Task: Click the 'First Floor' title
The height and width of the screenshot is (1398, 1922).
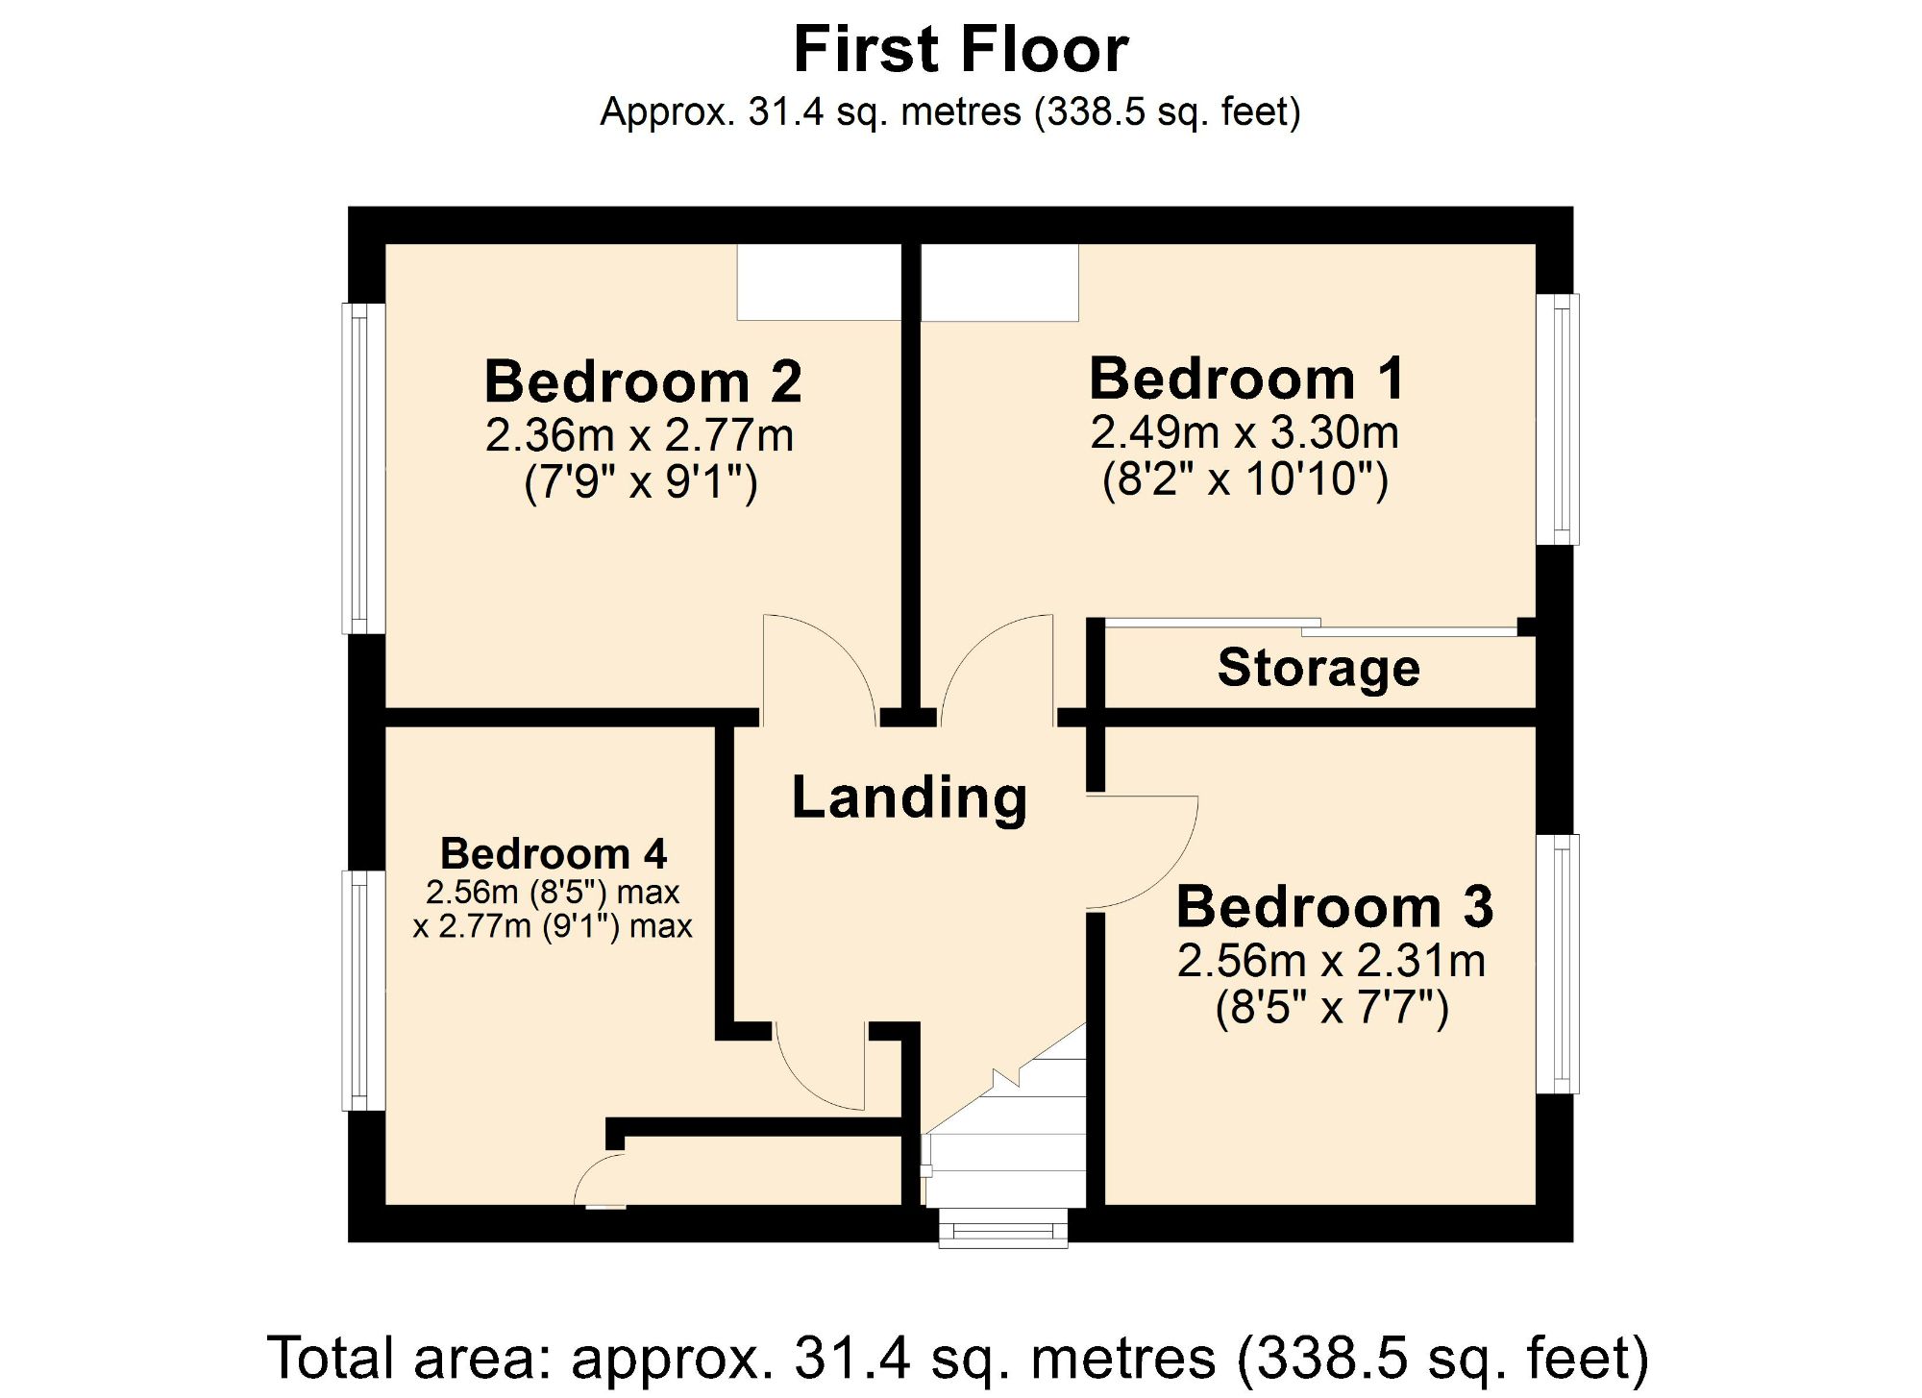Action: (960, 50)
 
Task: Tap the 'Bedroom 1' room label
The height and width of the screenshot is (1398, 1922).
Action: (1246, 379)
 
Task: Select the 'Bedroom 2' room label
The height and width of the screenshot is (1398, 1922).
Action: (642, 381)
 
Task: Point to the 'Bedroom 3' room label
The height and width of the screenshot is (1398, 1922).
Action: (1334, 907)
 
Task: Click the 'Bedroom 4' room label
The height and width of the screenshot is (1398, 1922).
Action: (553, 853)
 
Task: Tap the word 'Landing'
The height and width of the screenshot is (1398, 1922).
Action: (909, 797)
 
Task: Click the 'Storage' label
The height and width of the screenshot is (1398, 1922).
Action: (1318, 667)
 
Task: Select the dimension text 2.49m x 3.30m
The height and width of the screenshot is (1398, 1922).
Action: (1244, 432)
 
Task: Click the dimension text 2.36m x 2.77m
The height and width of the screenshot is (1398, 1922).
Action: (639, 435)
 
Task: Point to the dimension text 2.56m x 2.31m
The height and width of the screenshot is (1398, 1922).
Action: (1331, 961)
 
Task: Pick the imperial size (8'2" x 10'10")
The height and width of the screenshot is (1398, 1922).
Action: (1244, 478)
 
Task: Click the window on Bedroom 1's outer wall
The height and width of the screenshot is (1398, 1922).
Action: (1558, 419)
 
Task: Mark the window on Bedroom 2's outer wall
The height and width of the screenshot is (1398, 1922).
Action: (363, 469)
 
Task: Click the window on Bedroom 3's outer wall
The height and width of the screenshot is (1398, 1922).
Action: (1558, 964)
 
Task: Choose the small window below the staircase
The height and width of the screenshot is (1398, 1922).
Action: (1002, 1230)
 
